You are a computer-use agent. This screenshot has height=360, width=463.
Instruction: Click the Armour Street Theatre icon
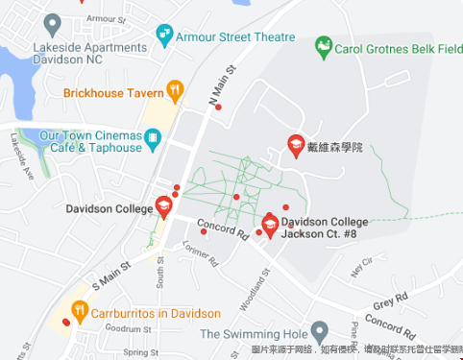165,36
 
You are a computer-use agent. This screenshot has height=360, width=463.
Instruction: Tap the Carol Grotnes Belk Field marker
324,46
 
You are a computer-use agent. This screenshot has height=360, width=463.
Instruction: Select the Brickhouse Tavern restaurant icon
175,91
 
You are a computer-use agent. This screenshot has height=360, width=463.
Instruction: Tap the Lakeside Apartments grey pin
53,22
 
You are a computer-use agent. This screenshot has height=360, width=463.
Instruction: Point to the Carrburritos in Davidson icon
79,311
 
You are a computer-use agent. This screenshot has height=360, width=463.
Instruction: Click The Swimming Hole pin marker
320,332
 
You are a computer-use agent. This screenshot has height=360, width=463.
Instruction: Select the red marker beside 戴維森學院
297,146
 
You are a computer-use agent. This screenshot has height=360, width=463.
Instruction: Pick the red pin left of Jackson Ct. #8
270,225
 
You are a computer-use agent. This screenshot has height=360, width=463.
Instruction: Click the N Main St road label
222,85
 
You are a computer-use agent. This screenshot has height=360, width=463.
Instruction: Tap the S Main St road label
110,272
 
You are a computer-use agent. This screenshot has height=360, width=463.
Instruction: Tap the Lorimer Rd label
201,254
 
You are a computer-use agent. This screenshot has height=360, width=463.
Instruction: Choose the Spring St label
140,352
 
